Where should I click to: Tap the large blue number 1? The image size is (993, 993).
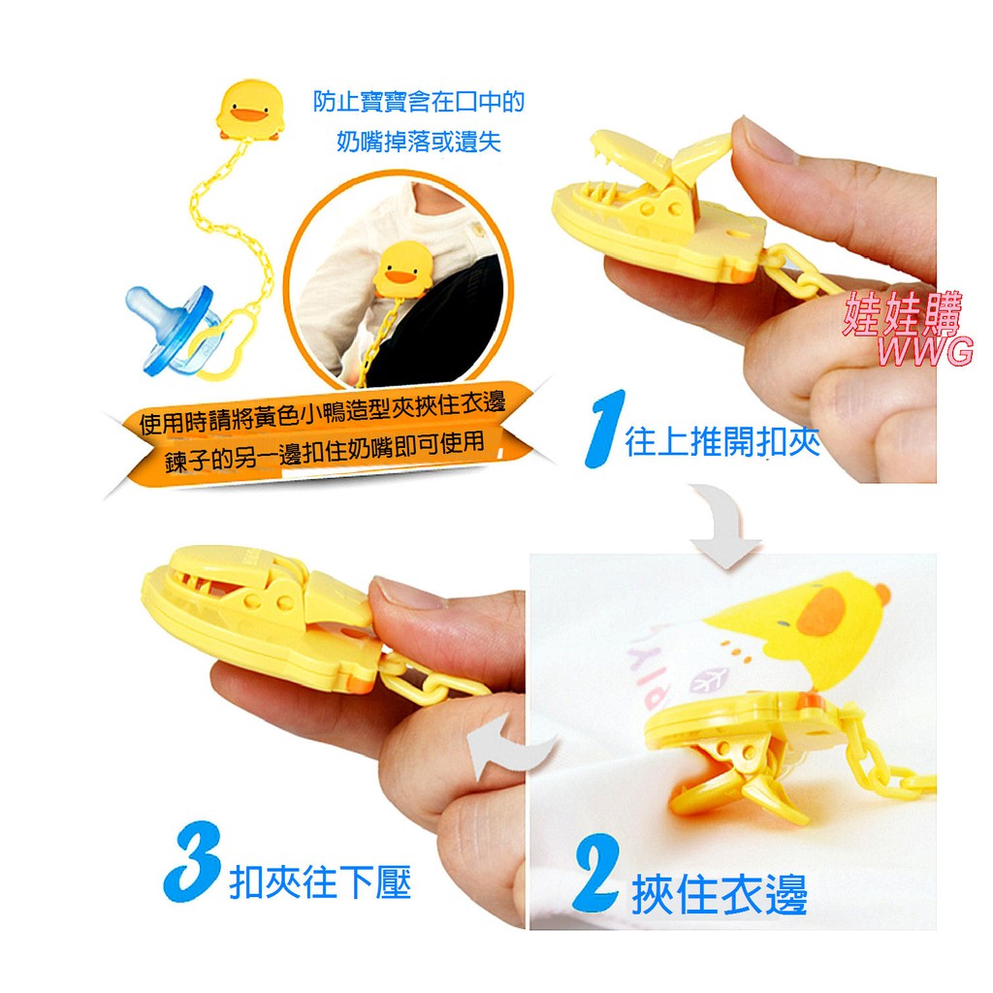[605, 430]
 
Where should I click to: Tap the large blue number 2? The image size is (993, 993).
[596, 875]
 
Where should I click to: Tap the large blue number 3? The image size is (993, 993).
[193, 862]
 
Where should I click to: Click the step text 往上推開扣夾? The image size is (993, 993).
[722, 441]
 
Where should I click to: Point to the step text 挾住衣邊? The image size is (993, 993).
[720, 893]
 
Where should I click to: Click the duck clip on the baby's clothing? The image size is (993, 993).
[402, 269]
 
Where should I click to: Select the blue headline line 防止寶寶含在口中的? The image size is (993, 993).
[419, 101]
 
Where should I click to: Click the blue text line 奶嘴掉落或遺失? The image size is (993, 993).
[419, 142]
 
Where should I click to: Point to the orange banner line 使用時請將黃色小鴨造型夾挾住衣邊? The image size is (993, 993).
[322, 412]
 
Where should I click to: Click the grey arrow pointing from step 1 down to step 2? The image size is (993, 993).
[727, 523]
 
